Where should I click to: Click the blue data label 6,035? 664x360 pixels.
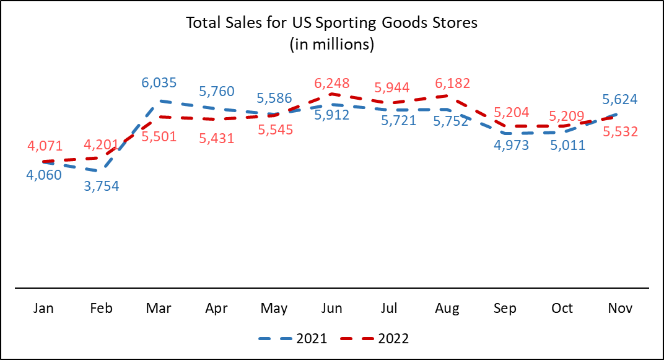[x=159, y=83]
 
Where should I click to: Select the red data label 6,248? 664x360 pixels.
[x=332, y=83]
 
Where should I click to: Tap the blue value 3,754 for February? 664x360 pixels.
[x=102, y=186]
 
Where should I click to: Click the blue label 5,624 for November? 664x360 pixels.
[x=620, y=100]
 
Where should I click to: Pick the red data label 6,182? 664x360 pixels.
[x=452, y=83]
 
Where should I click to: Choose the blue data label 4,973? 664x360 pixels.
[x=510, y=148]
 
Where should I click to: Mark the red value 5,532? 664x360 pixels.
[x=620, y=131]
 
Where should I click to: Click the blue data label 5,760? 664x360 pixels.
[x=217, y=92]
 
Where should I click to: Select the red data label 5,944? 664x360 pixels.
[x=391, y=88]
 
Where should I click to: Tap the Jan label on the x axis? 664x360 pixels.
[x=44, y=308]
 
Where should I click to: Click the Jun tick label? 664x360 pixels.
[x=332, y=308]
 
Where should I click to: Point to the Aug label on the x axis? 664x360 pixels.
[x=447, y=308]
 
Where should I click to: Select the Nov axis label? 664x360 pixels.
[x=620, y=308]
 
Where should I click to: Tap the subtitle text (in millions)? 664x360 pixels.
[x=332, y=45]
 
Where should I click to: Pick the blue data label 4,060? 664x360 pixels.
[x=44, y=175]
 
